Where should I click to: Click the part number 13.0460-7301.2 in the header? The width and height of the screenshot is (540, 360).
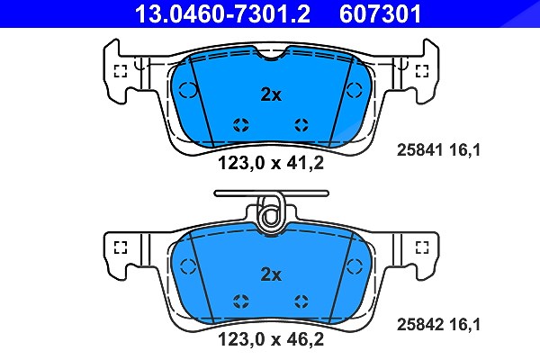pos(222,13)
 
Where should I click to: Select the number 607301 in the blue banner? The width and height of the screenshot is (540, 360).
pos(380,13)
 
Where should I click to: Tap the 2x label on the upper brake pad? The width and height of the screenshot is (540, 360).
pos(271,94)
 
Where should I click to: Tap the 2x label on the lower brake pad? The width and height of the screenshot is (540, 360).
pos(271,274)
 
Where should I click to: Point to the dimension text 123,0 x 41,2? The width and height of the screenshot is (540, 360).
pos(271,163)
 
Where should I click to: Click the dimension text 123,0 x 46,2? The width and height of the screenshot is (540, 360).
pos(271,339)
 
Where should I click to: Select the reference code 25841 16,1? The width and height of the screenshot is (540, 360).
pos(438,150)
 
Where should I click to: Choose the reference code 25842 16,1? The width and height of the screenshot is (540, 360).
pos(438,325)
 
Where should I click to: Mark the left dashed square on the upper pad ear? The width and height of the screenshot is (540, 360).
pos(121,71)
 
